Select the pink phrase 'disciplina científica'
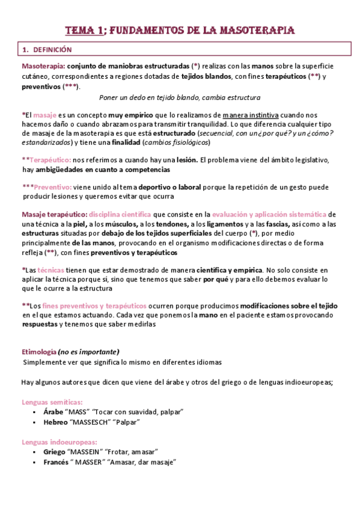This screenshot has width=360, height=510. [120, 214]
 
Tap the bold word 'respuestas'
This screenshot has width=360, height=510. [40, 324]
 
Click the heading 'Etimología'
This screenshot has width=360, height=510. [39, 352]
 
